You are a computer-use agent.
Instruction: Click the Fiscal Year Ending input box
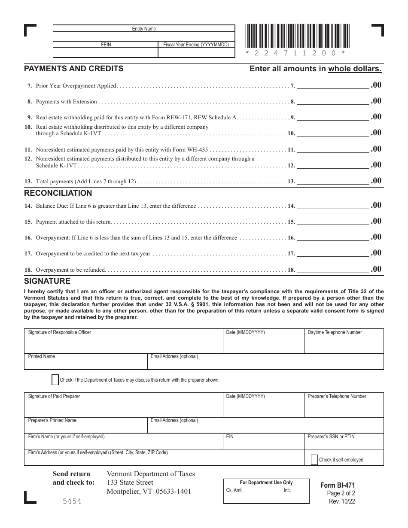(x=196, y=52)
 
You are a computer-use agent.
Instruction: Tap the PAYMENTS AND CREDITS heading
(x=73, y=69)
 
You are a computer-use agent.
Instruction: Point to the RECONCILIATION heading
(x=58, y=193)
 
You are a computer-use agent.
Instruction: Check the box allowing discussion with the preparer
(x=55, y=380)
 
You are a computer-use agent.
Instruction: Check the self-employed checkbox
(x=314, y=459)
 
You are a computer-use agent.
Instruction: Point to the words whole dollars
(x=355, y=69)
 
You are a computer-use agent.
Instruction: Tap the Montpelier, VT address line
(x=149, y=492)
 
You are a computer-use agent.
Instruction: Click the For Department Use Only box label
(x=266, y=482)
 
